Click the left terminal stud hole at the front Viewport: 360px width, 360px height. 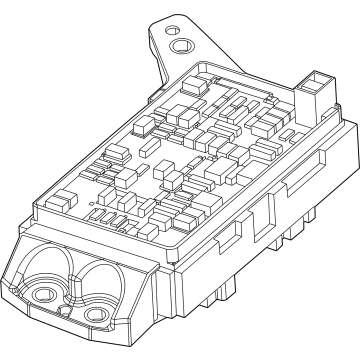[40, 296]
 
